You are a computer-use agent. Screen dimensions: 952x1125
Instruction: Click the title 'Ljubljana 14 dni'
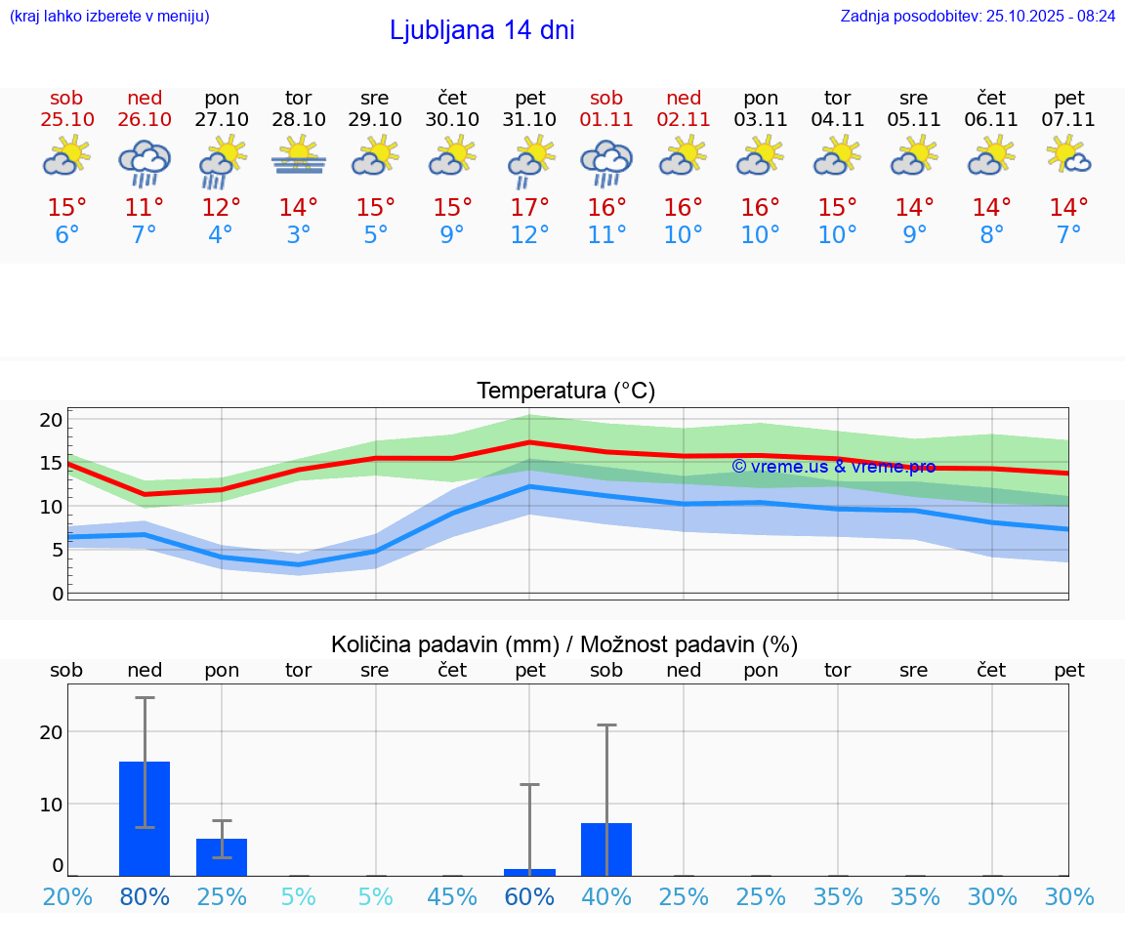point(481,30)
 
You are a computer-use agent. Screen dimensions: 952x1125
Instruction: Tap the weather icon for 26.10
point(145,161)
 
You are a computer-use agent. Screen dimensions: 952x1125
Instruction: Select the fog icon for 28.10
point(299,156)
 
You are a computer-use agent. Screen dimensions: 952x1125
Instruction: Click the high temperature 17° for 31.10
point(529,208)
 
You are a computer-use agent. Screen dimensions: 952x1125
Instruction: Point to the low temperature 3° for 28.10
point(299,235)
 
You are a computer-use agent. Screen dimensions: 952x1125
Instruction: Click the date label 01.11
point(606,120)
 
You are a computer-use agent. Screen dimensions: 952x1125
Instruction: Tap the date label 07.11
point(1068,120)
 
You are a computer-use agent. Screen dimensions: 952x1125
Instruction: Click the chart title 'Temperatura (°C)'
point(565,392)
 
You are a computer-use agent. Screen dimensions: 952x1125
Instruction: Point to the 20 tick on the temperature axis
point(51,420)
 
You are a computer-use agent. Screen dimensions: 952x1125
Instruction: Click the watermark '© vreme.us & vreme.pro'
point(833,467)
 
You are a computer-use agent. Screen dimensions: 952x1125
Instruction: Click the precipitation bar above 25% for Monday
point(222,856)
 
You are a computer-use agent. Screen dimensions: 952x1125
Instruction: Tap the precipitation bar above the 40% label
point(606,849)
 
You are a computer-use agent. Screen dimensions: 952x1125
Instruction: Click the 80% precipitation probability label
point(145,896)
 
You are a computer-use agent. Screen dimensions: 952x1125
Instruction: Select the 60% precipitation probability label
point(529,896)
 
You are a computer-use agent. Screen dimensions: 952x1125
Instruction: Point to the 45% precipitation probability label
point(452,896)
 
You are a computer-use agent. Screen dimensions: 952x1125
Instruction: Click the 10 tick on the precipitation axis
point(51,804)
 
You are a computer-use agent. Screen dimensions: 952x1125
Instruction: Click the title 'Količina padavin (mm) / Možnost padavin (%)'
point(564,644)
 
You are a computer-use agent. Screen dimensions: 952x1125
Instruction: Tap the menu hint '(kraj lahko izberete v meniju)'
point(109,16)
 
